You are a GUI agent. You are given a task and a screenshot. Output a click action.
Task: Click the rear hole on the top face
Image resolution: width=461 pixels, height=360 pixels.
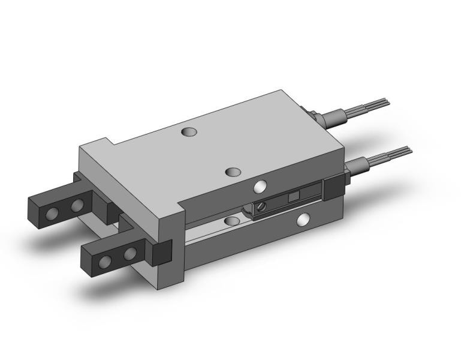(190, 131)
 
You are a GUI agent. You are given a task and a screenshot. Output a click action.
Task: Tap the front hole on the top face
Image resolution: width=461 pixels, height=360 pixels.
(233, 173)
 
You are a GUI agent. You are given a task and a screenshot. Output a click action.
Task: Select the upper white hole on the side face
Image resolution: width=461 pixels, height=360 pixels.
(260, 187)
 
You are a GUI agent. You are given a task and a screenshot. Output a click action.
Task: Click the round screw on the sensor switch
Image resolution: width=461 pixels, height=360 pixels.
(261, 207)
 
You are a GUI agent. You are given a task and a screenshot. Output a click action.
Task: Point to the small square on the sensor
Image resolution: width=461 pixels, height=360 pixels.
(293, 197)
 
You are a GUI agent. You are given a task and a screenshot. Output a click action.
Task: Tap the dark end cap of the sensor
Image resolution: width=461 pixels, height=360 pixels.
(332, 188)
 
